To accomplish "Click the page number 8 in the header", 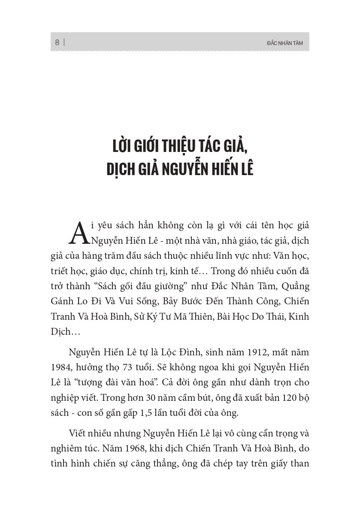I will tap(57, 42).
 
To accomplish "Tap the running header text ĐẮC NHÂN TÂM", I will tap(284, 43).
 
